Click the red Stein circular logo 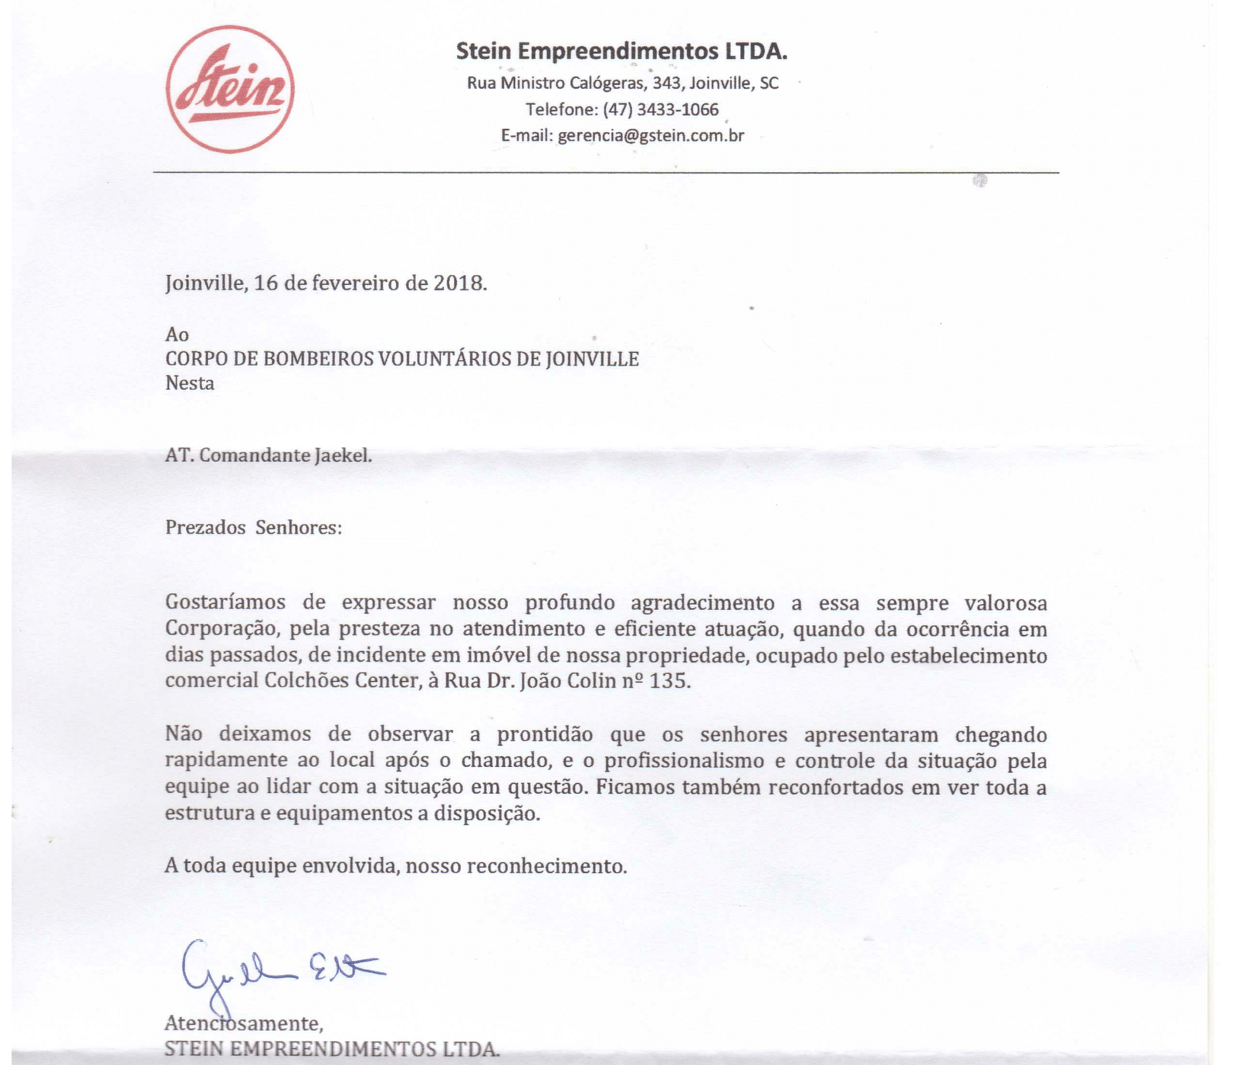[x=230, y=89]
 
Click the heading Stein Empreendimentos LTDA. [x=621, y=51]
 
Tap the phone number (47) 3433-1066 [x=661, y=110]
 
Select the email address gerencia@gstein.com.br [x=651, y=136]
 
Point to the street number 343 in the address [x=668, y=83]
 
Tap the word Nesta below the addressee [x=190, y=383]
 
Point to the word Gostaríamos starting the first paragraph [x=225, y=603]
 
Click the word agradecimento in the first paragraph [x=702, y=603]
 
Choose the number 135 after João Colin [x=668, y=681]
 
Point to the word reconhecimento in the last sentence [x=546, y=867]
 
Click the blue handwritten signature [x=278, y=969]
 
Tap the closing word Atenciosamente [x=243, y=1024]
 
